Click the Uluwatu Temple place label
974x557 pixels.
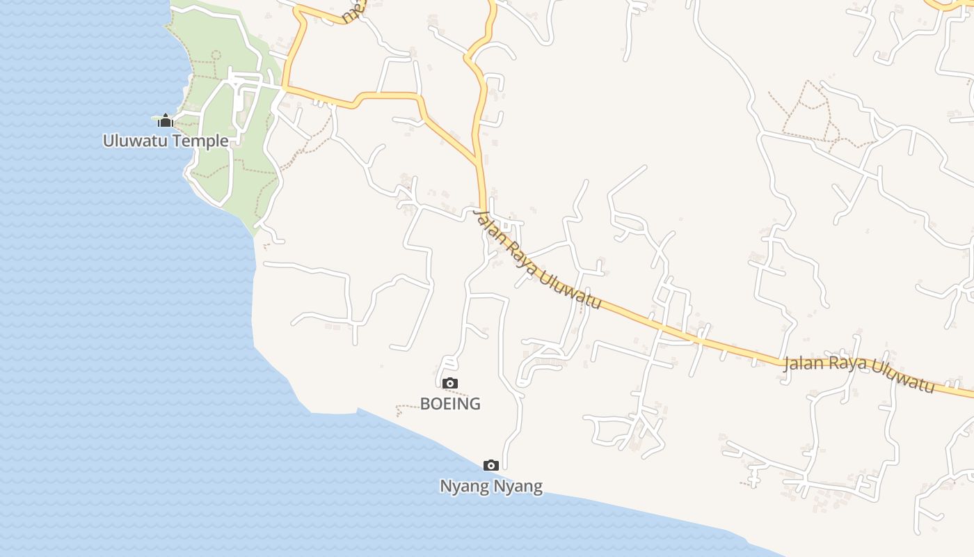(x=166, y=141)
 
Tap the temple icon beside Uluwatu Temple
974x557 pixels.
(x=165, y=121)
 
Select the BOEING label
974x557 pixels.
(x=450, y=403)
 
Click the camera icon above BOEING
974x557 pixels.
(x=450, y=383)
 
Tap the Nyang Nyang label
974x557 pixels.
(x=490, y=486)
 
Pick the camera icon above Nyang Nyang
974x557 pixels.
(x=490, y=465)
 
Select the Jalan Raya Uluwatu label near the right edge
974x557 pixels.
(x=859, y=373)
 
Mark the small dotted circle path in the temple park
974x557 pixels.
(x=216, y=54)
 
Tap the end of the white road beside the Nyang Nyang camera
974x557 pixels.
(x=504, y=467)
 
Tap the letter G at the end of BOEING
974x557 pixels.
(x=474, y=403)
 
